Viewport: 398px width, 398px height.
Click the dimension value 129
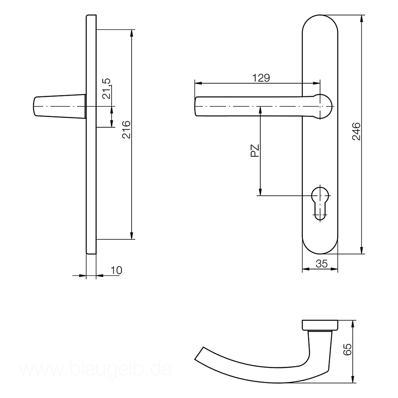tap(261, 78)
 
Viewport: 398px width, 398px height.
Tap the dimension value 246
tap(356, 131)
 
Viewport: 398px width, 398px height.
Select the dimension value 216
tap(126, 129)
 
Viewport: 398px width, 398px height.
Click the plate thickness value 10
tap(117, 270)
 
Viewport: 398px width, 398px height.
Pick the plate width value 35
tap(322, 264)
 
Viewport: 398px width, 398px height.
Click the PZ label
tap(255, 150)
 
